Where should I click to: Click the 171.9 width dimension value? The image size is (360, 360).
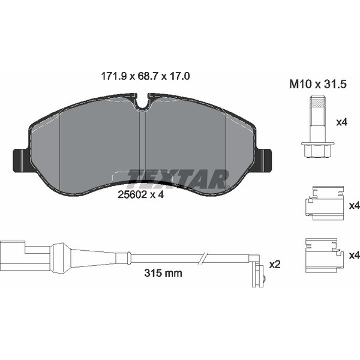(113, 76)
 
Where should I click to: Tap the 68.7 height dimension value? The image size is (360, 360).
(147, 76)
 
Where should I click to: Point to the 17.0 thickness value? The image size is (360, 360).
(179, 76)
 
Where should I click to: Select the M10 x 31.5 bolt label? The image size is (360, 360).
(318, 84)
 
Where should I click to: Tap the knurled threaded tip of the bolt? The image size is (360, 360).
(318, 102)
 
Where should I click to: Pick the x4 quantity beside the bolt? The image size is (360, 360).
(341, 122)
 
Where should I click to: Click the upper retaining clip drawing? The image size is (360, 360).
(324, 203)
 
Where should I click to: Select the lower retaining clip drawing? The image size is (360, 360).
(324, 256)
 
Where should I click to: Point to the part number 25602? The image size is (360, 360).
(132, 195)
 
